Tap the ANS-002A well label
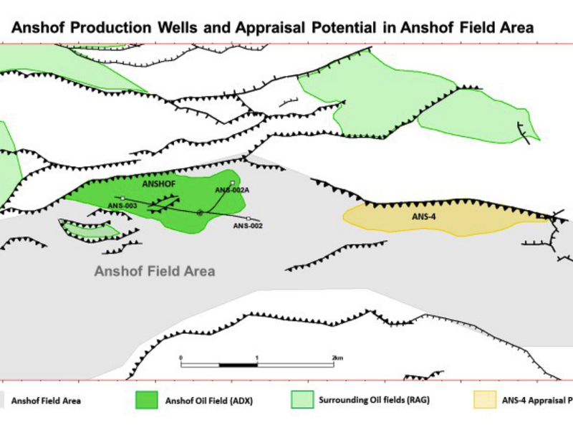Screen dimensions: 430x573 point(231,190)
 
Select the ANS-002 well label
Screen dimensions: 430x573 point(249,226)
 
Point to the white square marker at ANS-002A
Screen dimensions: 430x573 point(232,183)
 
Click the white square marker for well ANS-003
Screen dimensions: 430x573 point(123,199)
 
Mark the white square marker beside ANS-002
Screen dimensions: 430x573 point(248,218)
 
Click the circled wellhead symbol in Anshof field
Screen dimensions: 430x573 point(200,212)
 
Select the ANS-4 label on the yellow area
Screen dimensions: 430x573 point(423,216)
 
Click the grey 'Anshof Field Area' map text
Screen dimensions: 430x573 point(155,272)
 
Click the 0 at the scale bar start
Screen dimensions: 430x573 point(181,357)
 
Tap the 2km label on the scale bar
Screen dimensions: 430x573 point(338,357)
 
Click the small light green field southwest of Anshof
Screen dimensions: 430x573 point(90,229)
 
